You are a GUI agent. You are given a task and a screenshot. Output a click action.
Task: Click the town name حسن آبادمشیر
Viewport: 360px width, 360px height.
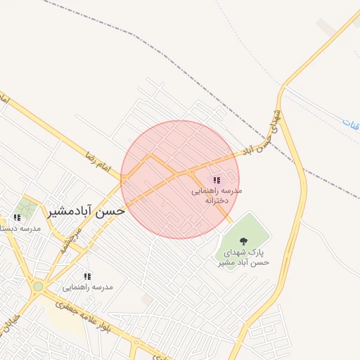(x=86, y=210)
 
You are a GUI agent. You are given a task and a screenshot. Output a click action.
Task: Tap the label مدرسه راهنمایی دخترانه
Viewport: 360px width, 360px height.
(x=217, y=195)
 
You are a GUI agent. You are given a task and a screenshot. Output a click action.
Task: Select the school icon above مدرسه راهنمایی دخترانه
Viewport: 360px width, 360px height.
(x=217, y=181)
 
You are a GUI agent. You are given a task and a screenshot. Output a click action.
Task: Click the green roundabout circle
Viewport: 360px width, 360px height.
(x=37, y=287)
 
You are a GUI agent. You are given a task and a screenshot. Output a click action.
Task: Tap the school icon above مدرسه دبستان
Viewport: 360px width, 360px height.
(x=17, y=218)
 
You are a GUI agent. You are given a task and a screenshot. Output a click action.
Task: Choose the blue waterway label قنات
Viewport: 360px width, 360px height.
(x=351, y=123)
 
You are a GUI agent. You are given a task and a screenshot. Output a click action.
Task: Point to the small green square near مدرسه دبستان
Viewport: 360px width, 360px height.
(x=27, y=207)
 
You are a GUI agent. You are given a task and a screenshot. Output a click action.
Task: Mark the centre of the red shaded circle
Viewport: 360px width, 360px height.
(x=180, y=180)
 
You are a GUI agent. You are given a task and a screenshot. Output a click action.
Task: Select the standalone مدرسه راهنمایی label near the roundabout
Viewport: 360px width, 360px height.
(x=88, y=287)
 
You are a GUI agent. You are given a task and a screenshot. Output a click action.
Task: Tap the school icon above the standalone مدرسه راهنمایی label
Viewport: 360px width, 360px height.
(x=88, y=276)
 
